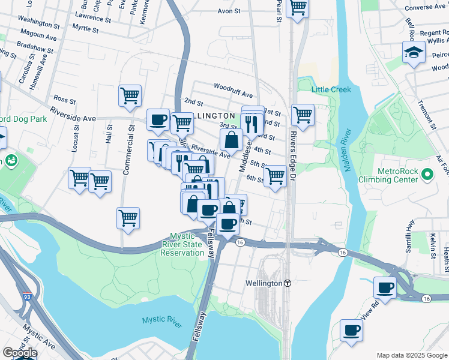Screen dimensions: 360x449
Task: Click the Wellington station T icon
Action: (288, 283)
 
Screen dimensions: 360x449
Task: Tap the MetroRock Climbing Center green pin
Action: (427, 174)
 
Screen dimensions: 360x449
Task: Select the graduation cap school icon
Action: (413, 53)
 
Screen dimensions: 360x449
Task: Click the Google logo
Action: (19, 353)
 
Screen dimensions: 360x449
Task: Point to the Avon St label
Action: (229, 11)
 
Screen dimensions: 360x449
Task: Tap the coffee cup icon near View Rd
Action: (351, 329)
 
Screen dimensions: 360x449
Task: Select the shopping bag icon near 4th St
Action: (231, 140)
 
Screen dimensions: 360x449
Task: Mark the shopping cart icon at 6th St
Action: (275, 176)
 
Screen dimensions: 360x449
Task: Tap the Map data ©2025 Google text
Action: (412, 355)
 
